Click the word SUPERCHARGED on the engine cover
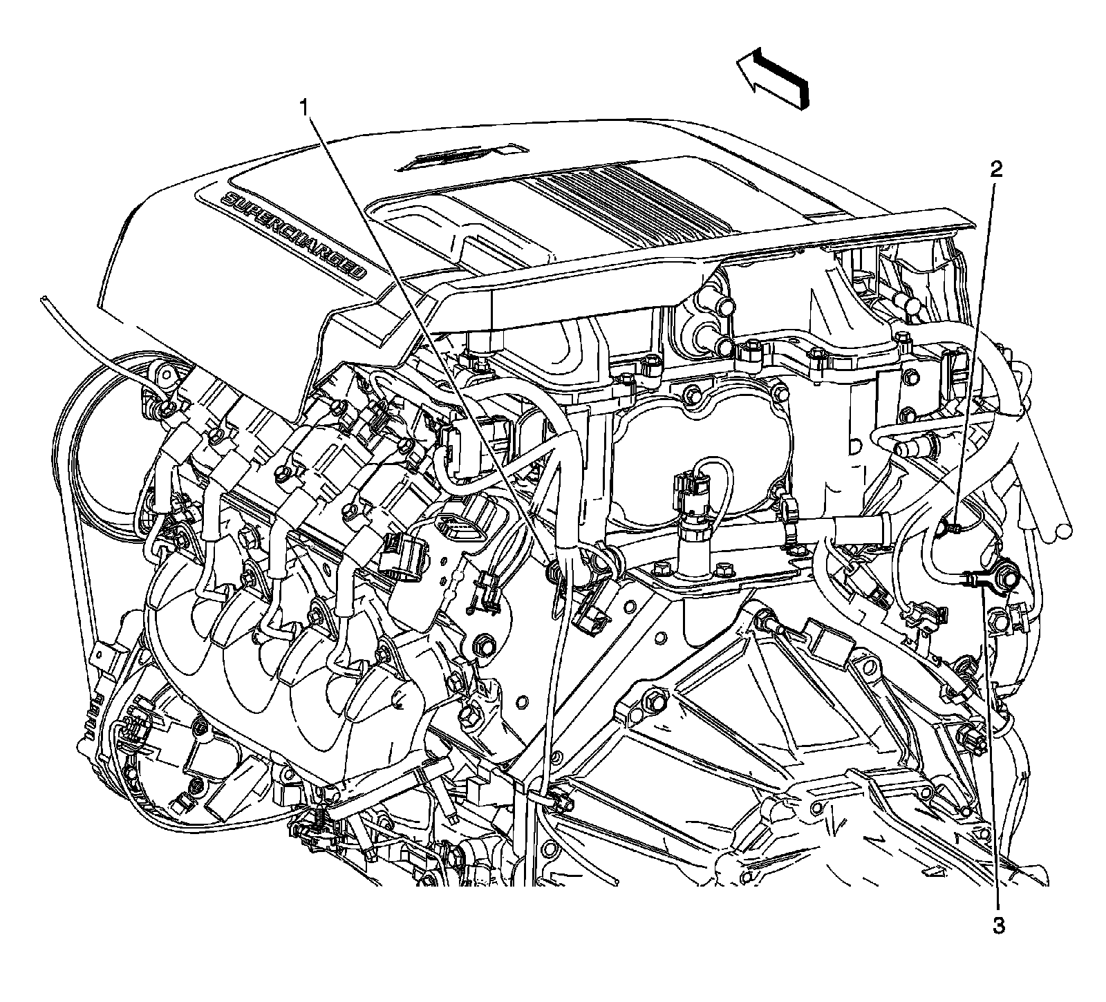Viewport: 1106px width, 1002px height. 294,235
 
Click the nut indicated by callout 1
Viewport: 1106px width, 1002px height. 554,571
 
